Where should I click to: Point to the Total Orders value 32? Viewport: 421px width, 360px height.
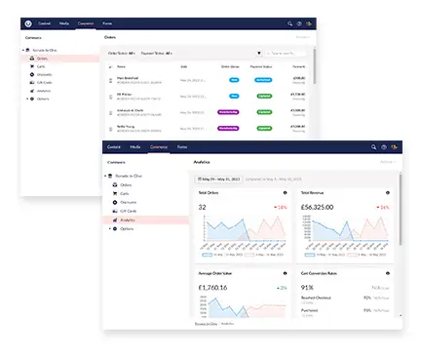[202, 208]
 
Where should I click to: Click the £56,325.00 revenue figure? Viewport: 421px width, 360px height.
[319, 208]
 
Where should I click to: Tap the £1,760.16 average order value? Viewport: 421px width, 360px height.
[212, 288]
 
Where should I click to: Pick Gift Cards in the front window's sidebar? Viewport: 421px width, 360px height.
[129, 212]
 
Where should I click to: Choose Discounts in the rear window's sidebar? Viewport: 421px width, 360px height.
[44, 75]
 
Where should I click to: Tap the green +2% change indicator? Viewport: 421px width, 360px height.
[282, 289]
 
